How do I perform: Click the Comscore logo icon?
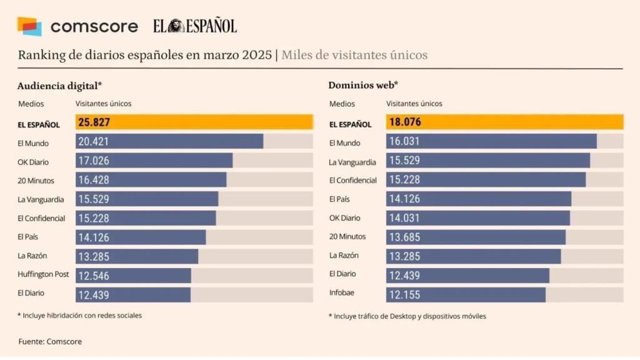[29, 26]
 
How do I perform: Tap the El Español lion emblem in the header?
[177, 26]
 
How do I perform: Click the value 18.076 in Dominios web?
[405, 122]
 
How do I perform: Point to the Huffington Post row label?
[43, 274]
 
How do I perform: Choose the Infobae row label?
[342, 292]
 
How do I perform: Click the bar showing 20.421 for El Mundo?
[169, 142]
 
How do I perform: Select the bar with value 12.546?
[134, 275]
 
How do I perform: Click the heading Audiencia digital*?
[59, 86]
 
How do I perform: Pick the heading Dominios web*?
[363, 86]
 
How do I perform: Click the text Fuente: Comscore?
[50, 341]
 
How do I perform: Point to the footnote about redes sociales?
[79, 316]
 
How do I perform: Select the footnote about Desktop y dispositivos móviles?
[407, 316]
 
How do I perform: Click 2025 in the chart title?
[255, 55]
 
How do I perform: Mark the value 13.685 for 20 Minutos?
[404, 237]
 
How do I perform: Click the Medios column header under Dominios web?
[342, 104]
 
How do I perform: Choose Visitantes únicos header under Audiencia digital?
[104, 104]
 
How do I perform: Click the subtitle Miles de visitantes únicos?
[354, 55]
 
